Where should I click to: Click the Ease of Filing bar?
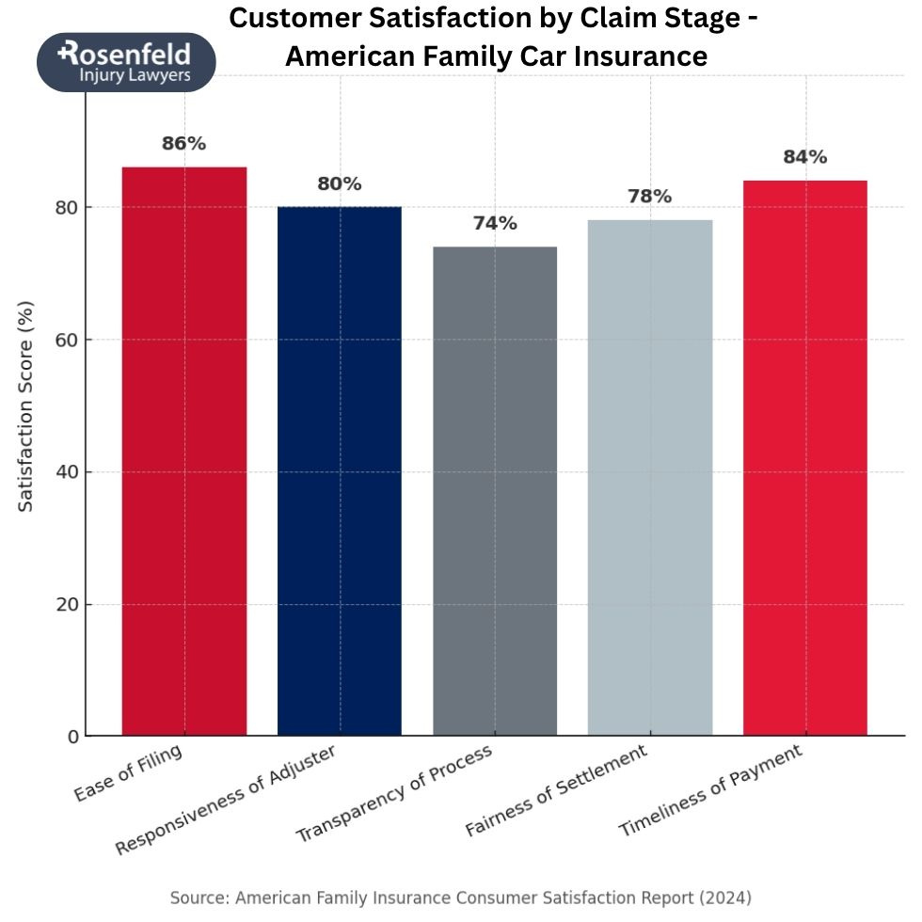point(184,452)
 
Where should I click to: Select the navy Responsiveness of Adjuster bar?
point(340,470)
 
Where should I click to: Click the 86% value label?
point(183,144)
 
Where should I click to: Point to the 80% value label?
point(339,184)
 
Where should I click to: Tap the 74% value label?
point(495,224)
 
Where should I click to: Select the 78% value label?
point(650,197)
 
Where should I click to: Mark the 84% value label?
point(805,157)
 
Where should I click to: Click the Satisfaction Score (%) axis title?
point(26,406)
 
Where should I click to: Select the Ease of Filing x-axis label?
point(129,773)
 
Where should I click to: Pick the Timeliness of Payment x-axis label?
point(711,791)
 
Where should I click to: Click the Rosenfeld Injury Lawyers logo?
point(126,62)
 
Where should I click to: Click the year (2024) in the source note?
point(723,898)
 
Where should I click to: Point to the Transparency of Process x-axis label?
point(394,796)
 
